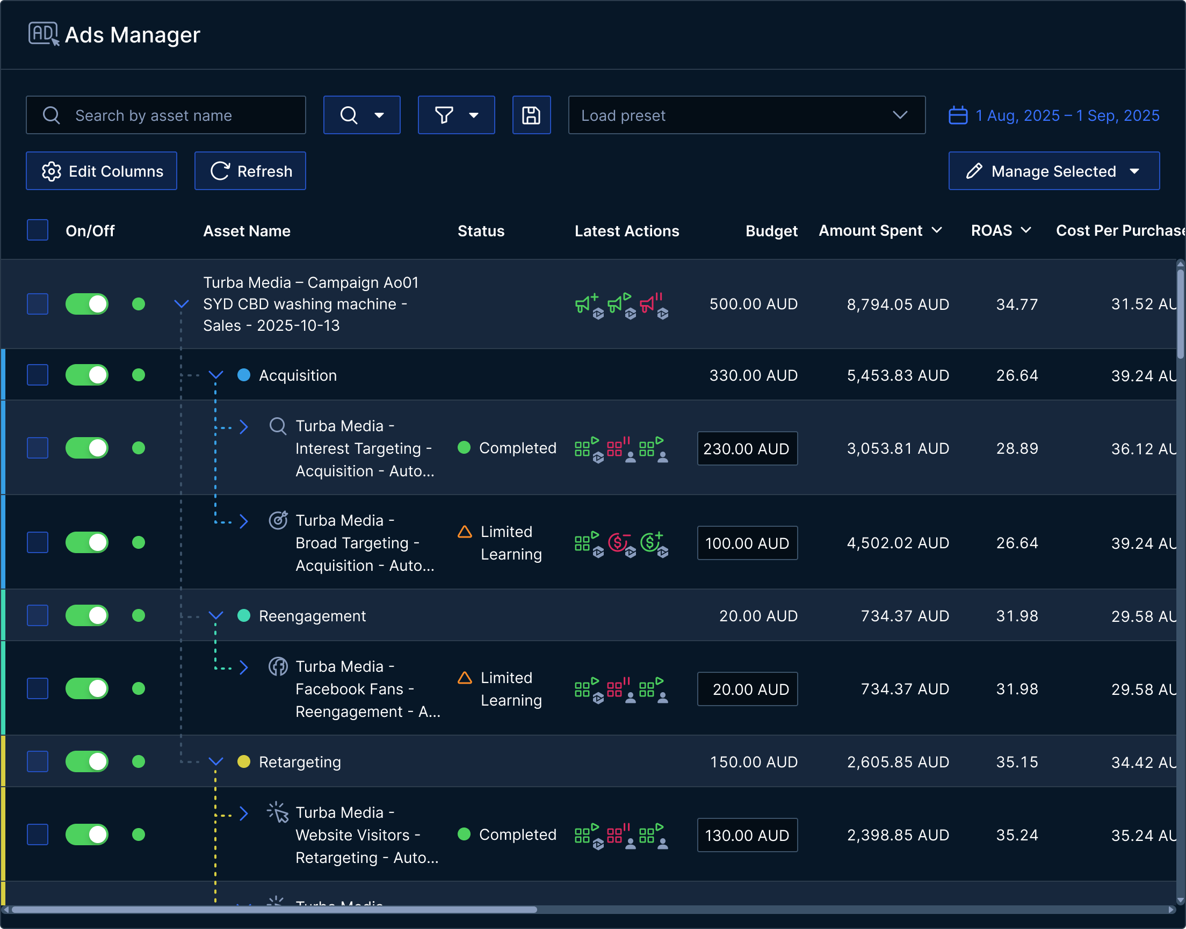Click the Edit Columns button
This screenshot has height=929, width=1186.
[102, 171]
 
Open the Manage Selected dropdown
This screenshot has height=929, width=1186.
[1053, 171]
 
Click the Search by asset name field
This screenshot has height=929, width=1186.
[166, 115]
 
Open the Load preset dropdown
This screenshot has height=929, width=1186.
[746, 115]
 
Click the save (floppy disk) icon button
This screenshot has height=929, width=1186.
[531, 115]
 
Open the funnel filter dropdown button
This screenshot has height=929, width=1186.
[456, 115]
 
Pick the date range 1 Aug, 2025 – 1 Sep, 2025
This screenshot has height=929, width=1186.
[1054, 115]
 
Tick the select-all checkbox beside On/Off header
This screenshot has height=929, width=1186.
[38, 230]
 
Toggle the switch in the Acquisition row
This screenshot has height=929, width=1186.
[87, 375]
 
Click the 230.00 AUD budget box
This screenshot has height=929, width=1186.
[747, 448]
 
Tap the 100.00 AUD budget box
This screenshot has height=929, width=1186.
[747, 543]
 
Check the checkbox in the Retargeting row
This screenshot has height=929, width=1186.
[38, 761]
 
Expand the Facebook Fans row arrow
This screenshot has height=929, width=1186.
[244, 667]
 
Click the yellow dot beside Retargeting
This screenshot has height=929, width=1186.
[244, 761]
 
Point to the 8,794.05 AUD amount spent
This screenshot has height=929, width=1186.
[898, 304]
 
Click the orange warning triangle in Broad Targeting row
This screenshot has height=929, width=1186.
[465, 532]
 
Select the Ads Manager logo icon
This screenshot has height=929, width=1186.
[44, 34]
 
